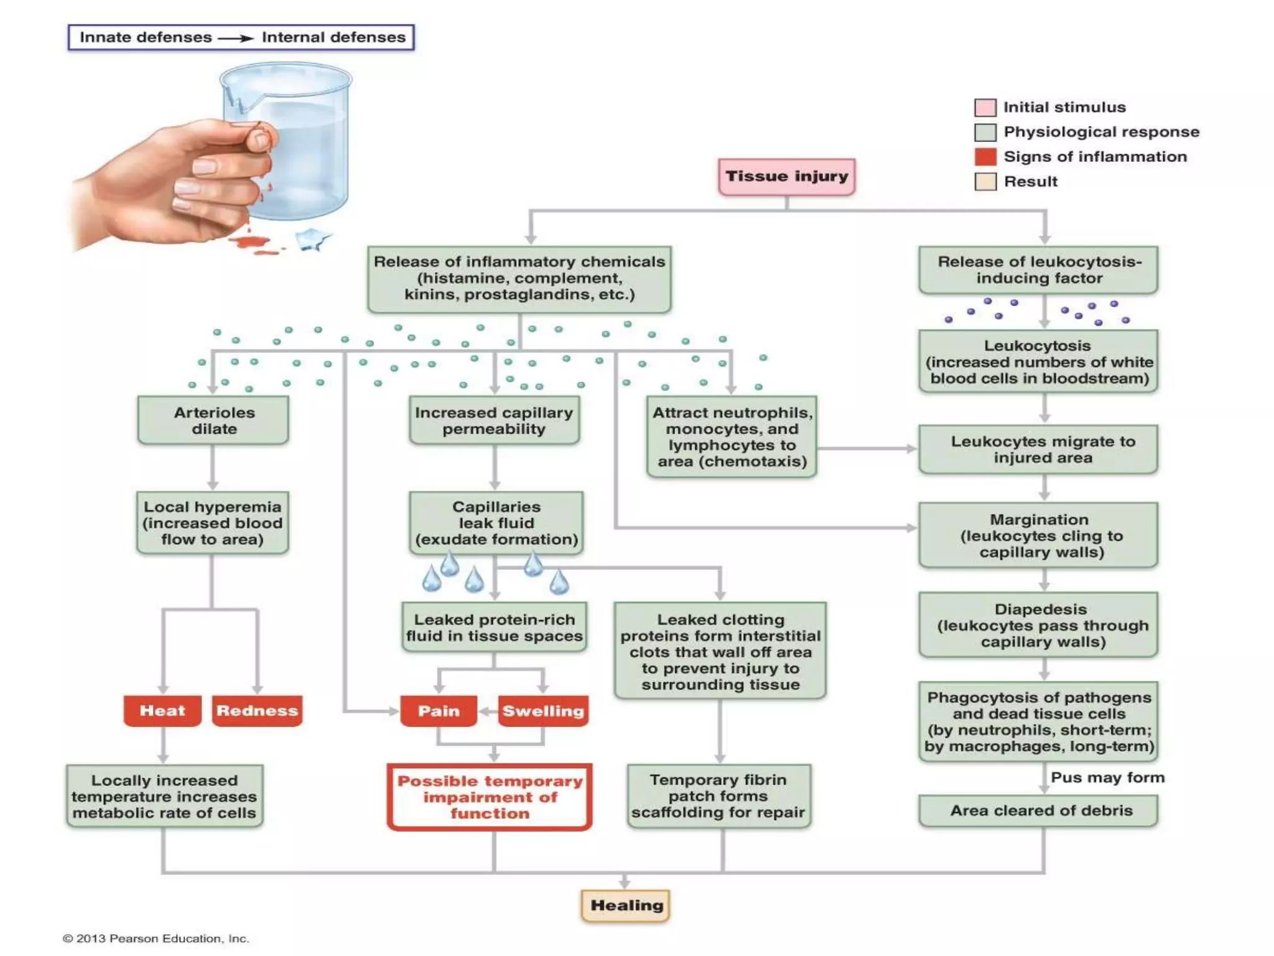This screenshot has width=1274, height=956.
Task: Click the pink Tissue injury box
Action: (786, 177)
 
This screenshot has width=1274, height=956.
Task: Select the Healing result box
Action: (626, 906)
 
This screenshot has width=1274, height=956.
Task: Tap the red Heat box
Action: (162, 711)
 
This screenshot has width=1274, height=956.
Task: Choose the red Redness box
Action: (257, 711)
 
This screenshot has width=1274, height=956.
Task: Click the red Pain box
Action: (439, 711)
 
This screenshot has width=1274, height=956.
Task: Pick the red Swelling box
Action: (543, 711)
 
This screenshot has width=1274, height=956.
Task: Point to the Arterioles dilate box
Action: (213, 421)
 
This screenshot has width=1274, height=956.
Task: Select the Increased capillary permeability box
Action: (494, 421)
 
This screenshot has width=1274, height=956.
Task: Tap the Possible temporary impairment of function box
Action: (490, 797)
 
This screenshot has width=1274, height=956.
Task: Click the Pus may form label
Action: (1107, 777)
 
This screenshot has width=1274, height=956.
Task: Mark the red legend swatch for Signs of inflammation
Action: (985, 157)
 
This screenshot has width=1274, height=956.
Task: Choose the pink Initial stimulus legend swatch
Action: (985, 108)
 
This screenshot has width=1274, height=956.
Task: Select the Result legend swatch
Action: (985, 182)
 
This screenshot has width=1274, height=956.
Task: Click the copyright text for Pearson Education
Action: (156, 939)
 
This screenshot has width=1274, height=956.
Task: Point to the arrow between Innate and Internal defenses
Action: (236, 38)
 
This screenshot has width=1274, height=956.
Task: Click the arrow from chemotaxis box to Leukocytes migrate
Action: (867, 448)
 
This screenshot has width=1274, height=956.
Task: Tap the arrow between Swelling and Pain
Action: (488, 711)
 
